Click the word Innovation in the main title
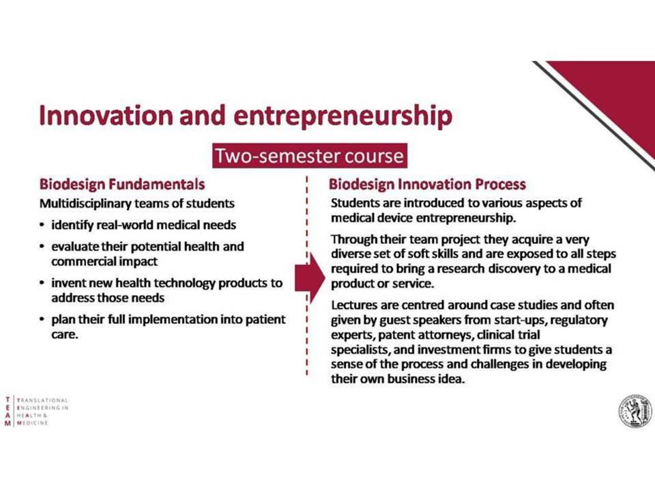pyautogui.click(x=106, y=115)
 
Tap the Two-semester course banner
pyautogui.click(x=310, y=156)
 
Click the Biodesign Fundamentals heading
pyautogui.click(x=122, y=184)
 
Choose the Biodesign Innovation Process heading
pyautogui.click(x=427, y=184)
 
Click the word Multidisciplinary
pyautogui.click(x=86, y=204)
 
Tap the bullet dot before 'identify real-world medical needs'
pyautogui.click(x=42, y=225)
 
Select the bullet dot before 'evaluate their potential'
pyautogui.click(x=42, y=247)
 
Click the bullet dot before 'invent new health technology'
pyautogui.click(x=42, y=283)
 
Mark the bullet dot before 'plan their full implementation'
pyautogui.click(x=42, y=320)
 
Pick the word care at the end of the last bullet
pyautogui.click(x=64, y=335)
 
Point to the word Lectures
pyautogui.click(x=354, y=305)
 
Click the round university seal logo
pyautogui.click(x=635, y=411)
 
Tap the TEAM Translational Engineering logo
pyautogui.click(x=37, y=411)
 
